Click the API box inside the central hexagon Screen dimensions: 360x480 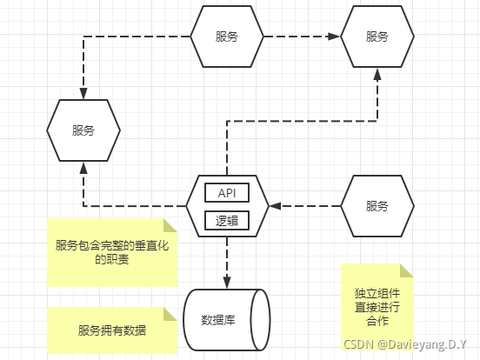click(x=227, y=192)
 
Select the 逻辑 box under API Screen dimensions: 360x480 click(x=227, y=221)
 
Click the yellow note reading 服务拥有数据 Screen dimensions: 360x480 click(x=112, y=330)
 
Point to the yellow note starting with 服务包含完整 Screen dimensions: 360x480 click(x=111, y=252)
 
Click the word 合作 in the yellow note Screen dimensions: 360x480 click(x=377, y=321)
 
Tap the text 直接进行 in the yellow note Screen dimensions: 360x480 click(x=377, y=306)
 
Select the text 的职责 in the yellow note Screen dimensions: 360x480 click(x=111, y=260)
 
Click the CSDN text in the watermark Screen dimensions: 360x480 click(x=357, y=344)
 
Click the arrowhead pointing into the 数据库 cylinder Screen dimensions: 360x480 click(x=227, y=283)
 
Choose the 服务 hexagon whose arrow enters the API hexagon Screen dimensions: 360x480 click(x=377, y=206)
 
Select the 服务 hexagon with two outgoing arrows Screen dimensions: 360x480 click(x=227, y=37)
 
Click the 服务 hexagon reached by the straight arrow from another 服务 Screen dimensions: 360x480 click(x=377, y=37)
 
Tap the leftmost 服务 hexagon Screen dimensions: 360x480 click(x=83, y=130)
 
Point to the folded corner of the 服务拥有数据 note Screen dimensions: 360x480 click(x=170, y=314)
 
